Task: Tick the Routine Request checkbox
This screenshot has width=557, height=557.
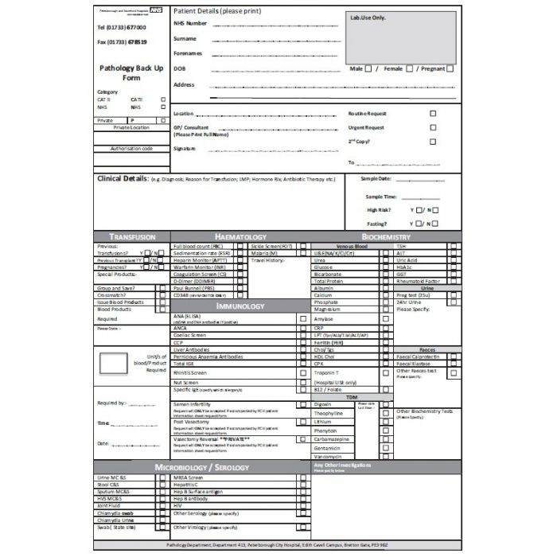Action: (x=433, y=114)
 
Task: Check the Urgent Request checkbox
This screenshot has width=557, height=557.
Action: (x=433, y=127)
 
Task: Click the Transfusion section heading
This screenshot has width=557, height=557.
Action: (x=131, y=237)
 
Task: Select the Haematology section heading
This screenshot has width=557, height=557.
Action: (x=240, y=237)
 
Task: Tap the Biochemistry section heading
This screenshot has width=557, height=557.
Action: (x=385, y=237)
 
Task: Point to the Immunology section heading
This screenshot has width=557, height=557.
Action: (x=240, y=306)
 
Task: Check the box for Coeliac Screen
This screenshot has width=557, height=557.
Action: (x=303, y=335)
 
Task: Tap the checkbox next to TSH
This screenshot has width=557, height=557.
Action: (x=453, y=247)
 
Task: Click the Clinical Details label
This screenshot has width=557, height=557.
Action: (x=121, y=179)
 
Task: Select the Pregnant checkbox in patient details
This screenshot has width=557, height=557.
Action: (x=450, y=69)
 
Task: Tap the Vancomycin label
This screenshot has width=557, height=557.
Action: (x=329, y=457)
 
